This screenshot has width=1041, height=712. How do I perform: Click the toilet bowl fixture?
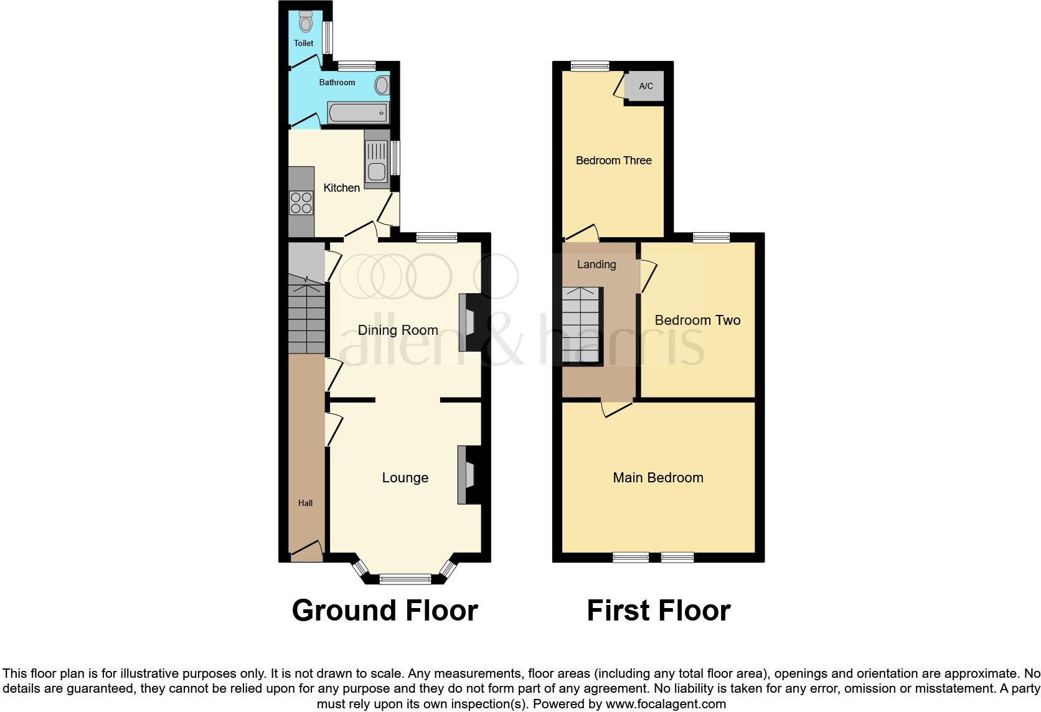click(x=305, y=22)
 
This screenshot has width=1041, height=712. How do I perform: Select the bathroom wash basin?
click(x=381, y=84)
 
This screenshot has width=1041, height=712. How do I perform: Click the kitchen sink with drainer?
click(x=376, y=159)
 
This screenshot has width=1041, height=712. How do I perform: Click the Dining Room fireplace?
click(x=466, y=322)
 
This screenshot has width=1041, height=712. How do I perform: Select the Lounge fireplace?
click(x=465, y=474)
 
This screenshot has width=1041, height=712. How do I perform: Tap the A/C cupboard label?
click(x=646, y=86)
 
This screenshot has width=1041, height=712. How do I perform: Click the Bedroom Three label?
click(x=613, y=161)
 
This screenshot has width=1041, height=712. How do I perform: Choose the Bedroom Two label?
click(x=697, y=321)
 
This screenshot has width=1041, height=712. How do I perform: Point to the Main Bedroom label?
click(x=658, y=477)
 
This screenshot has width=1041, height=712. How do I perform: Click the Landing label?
click(x=596, y=265)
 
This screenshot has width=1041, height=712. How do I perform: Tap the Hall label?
click(x=305, y=503)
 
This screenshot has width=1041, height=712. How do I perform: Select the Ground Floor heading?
click(x=385, y=611)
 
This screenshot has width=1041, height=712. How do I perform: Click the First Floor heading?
click(x=658, y=611)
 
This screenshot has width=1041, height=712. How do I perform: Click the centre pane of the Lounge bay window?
click(x=405, y=579)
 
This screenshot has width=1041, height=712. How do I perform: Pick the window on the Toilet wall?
click(x=327, y=38)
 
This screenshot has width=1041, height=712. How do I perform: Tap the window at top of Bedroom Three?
click(x=590, y=66)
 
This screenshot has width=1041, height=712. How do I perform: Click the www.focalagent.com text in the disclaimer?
click(x=665, y=705)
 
